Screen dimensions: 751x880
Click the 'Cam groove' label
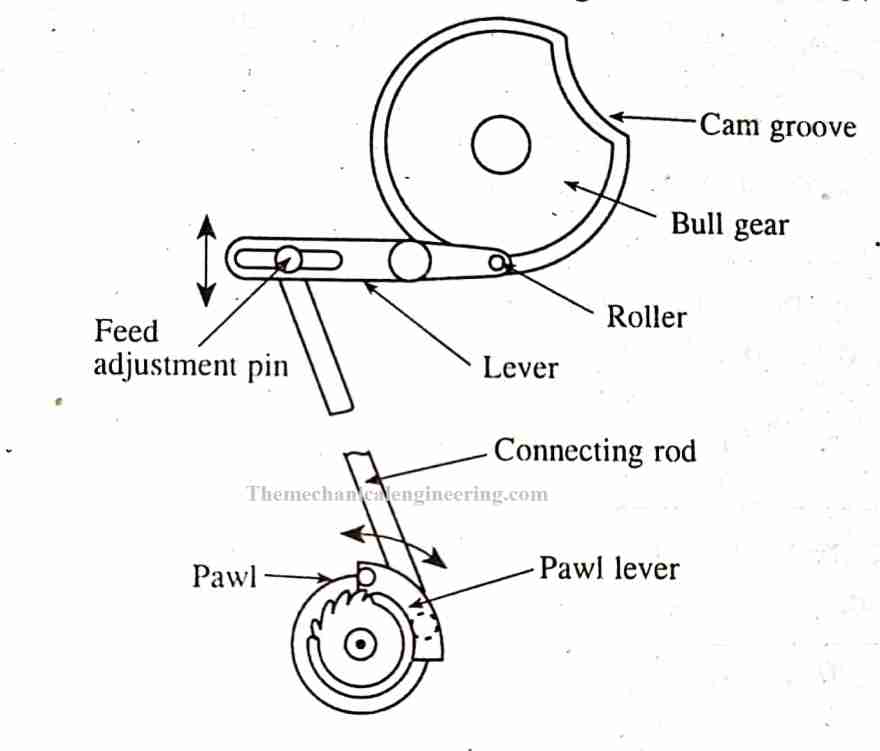tap(777, 125)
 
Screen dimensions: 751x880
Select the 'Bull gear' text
tap(729, 223)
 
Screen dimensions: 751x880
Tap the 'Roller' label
tap(646, 317)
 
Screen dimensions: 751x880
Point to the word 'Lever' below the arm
tap(520, 367)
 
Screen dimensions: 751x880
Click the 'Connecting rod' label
tap(595, 450)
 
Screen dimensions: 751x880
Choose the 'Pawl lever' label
tap(609, 569)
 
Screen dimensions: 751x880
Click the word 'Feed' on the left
tap(126, 330)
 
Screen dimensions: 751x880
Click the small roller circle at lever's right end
tap(497, 262)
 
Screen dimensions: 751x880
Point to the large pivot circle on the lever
tap(410, 261)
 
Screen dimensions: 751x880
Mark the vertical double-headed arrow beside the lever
tap(206, 261)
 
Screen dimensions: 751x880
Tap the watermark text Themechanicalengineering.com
tap(396, 494)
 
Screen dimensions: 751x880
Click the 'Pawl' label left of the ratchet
tap(224, 577)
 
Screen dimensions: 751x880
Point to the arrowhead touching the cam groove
tap(617, 117)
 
